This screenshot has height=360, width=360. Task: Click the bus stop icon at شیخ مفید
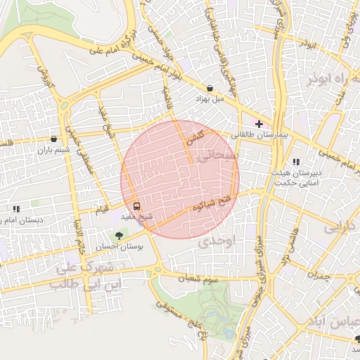136,207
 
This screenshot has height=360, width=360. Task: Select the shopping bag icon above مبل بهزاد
210,89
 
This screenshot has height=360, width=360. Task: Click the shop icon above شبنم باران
54,139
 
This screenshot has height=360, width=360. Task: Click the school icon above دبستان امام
16,209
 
